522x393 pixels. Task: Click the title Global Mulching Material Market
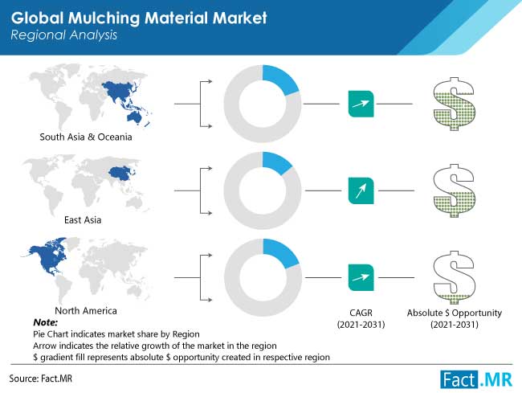pyautogui.click(x=139, y=18)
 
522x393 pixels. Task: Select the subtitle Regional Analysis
pyautogui.click(x=64, y=35)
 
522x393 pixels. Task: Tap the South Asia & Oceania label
pyautogui.click(x=86, y=137)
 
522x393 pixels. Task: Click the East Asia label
pyautogui.click(x=83, y=220)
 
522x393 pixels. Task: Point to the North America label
pyautogui.click(x=86, y=311)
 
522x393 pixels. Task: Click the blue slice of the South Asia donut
pyautogui.click(x=279, y=79)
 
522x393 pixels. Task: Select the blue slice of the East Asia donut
pyautogui.click(x=275, y=162)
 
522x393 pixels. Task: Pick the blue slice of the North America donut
pyautogui.click(x=279, y=252)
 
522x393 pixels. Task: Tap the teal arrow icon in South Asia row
pyautogui.click(x=361, y=104)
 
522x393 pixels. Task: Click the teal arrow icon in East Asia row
pyautogui.click(x=361, y=190)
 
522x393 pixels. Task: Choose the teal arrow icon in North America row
pyautogui.click(x=361, y=278)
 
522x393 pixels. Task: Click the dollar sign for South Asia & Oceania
pyautogui.click(x=454, y=104)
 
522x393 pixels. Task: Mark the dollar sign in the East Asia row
pyautogui.click(x=454, y=190)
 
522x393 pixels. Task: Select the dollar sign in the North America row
pyautogui.click(x=454, y=278)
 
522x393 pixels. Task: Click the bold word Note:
pyautogui.click(x=45, y=322)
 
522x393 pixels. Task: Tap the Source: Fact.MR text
pyautogui.click(x=41, y=379)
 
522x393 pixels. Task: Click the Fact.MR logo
pyautogui.click(x=476, y=379)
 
